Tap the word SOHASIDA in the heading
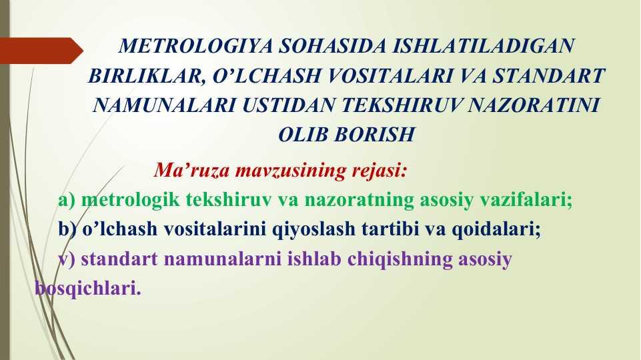click(x=332, y=46)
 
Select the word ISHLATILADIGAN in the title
click(x=484, y=46)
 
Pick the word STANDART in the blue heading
click(x=548, y=75)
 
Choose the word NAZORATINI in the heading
click(x=534, y=105)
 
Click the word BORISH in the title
click(x=374, y=135)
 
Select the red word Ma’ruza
click(x=191, y=170)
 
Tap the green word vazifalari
click(x=526, y=199)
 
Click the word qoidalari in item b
click(x=496, y=229)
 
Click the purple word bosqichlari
click(x=88, y=289)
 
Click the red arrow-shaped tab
click(x=41, y=51)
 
